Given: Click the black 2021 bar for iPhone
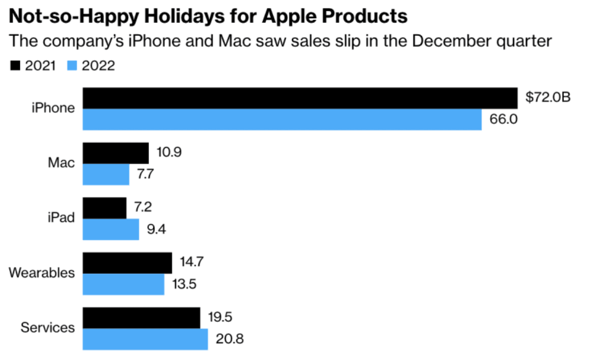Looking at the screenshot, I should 300,98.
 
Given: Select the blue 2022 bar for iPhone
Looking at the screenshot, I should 282,119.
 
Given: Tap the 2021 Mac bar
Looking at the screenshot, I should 116,153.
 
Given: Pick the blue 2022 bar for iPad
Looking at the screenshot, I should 111,229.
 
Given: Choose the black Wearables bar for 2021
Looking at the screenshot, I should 128,263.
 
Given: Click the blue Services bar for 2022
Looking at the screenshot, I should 145,339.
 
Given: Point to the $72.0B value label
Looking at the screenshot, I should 548,98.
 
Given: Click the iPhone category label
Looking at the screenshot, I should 53,108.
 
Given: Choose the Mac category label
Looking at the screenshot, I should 62,163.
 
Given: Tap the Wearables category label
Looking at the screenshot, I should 42,273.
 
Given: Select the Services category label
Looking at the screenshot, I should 47,327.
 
